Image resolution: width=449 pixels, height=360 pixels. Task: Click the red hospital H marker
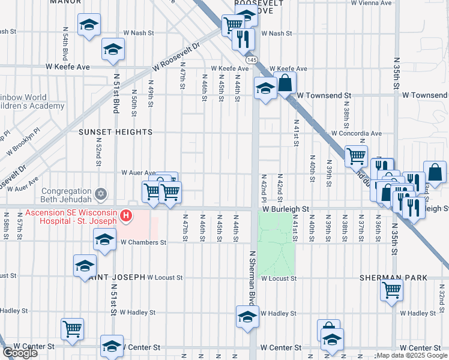point(126,215)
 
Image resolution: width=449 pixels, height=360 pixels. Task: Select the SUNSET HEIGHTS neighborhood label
point(115,132)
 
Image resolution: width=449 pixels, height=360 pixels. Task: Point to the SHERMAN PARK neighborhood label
point(393,278)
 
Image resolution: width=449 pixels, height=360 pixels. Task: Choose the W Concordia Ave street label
point(357,133)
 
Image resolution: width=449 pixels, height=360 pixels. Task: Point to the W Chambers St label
point(143,242)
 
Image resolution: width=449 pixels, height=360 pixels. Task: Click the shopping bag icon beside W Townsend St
point(286,83)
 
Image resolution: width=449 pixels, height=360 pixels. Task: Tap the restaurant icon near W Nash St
point(243,38)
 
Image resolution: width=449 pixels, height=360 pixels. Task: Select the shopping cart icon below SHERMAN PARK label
point(392,290)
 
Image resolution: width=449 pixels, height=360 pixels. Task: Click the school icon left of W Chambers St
point(104,239)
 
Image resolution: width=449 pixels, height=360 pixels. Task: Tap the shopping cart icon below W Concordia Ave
point(356,155)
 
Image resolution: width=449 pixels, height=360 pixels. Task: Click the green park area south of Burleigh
point(277,240)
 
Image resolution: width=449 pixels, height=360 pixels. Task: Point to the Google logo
point(19,353)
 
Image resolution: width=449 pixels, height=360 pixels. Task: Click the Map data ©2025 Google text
point(412,355)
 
